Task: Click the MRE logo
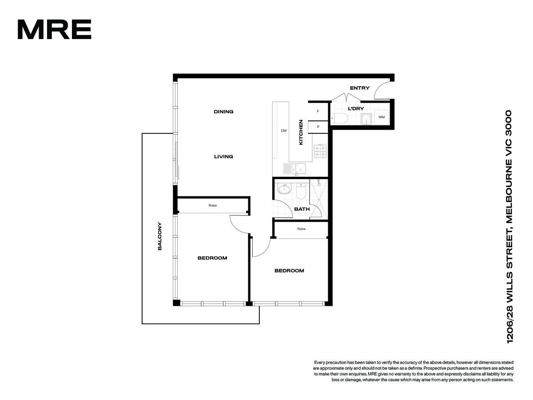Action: pos(54,29)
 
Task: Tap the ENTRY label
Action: pos(359,88)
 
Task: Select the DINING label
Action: pos(223,112)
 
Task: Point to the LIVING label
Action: pos(223,156)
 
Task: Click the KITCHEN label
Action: pos(301,132)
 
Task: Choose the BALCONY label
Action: pos(159,236)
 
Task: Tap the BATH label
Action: pos(302,209)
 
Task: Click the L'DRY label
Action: pos(356,108)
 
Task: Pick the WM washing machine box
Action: pos(381,117)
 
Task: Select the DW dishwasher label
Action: pos(284,131)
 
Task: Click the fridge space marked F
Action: pos(318,112)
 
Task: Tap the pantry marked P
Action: pos(318,127)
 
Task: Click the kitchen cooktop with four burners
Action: pos(320,151)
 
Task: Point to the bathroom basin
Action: pos(284,189)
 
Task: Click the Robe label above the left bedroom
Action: pos(212,205)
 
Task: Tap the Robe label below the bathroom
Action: pos(301,229)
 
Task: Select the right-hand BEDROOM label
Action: pos(289,271)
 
